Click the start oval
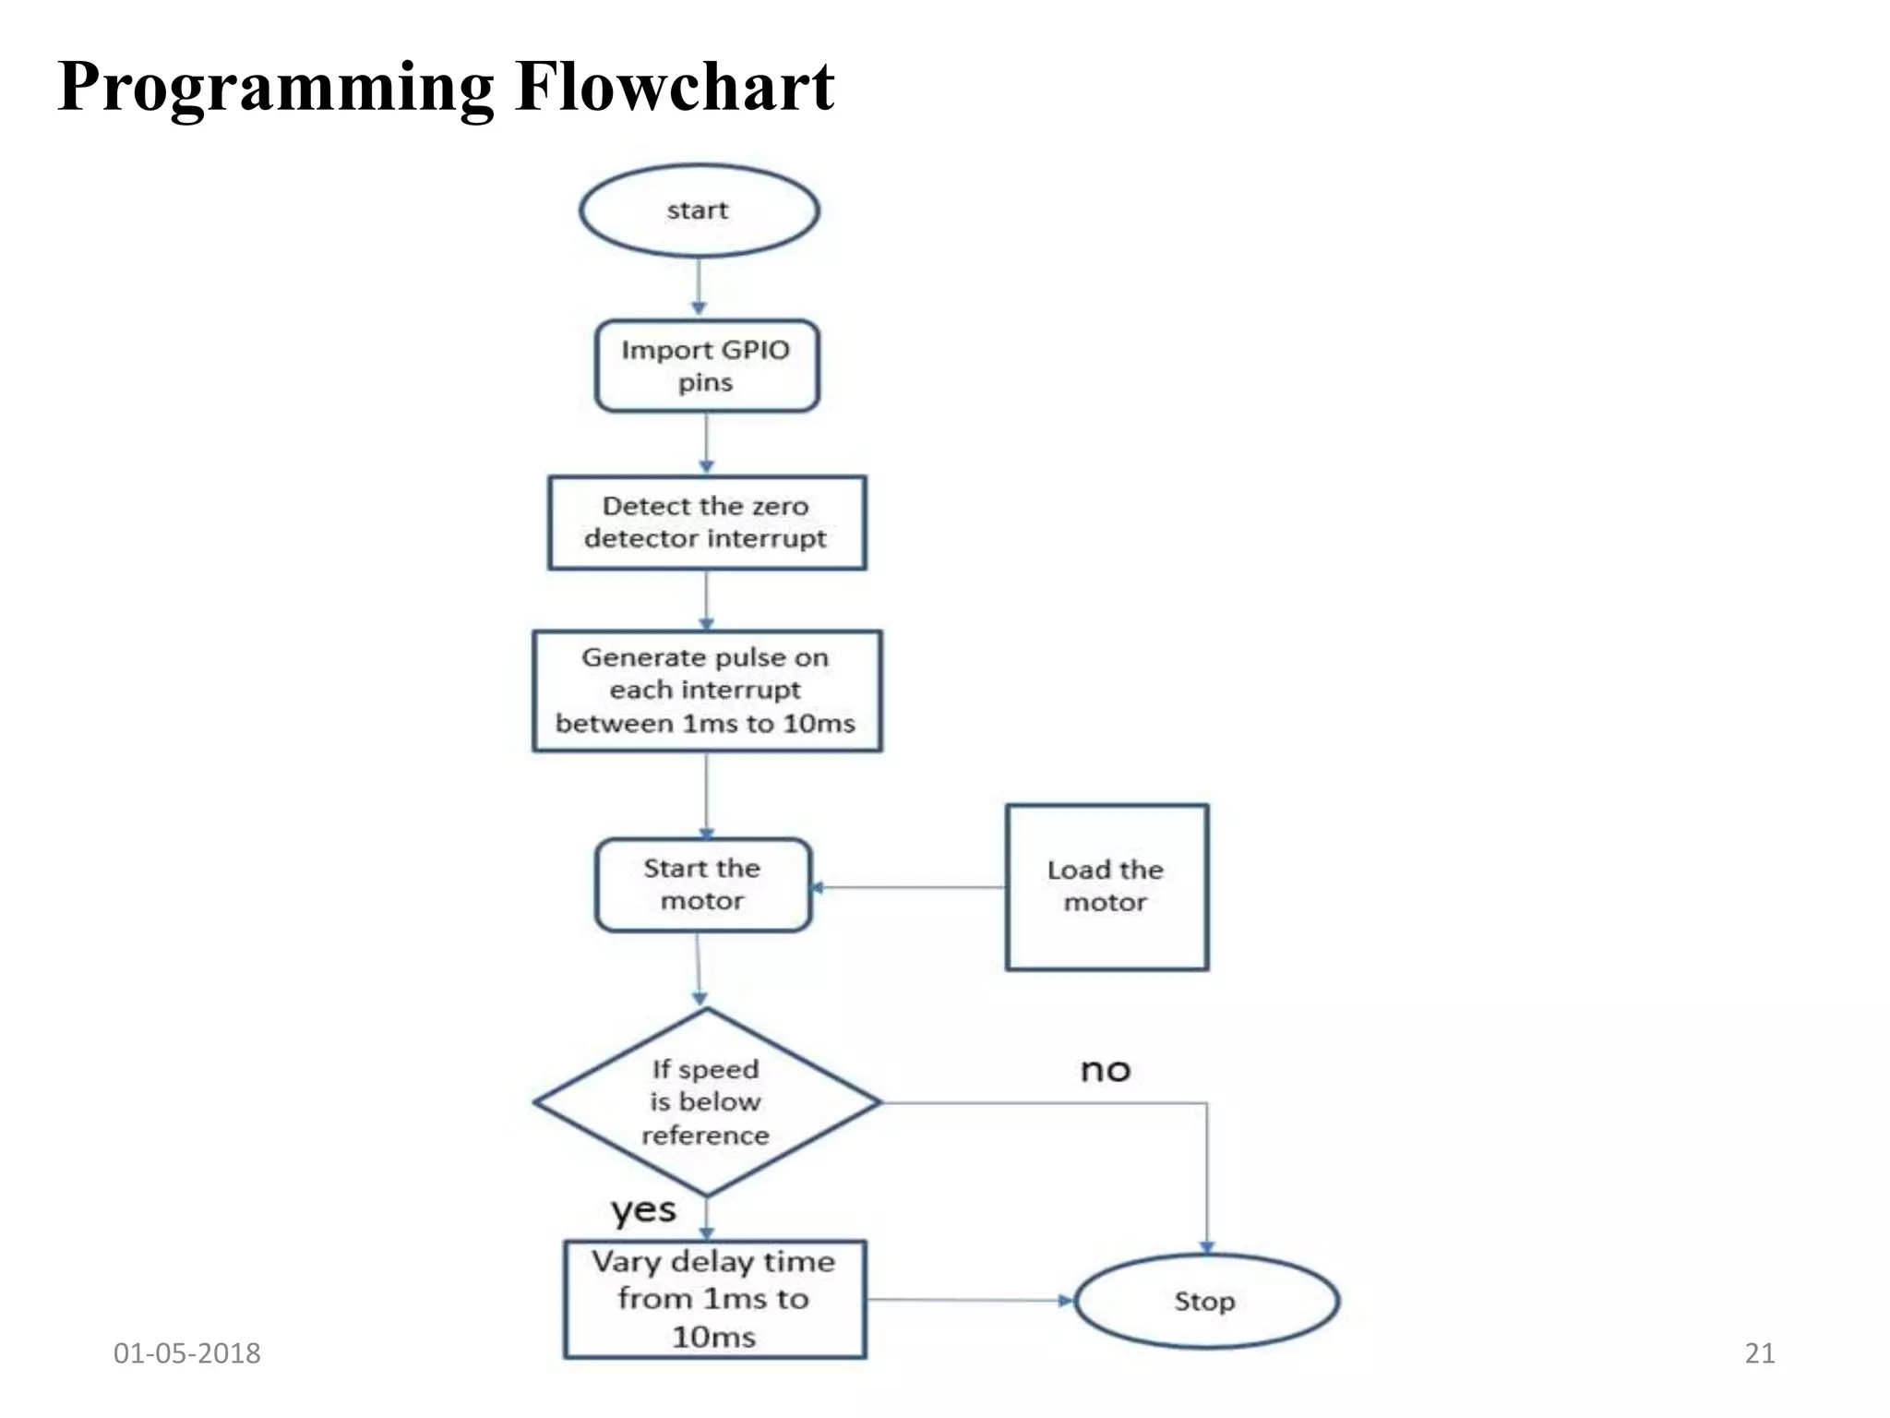coord(699,210)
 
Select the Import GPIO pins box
coord(706,366)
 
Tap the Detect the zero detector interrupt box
coord(706,523)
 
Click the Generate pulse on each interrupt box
coord(706,691)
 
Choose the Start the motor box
coord(702,884)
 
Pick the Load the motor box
coord(1106,886)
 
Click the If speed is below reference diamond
coord(706,1102)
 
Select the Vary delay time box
coord(714,1299)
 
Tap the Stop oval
coord(1205,1301)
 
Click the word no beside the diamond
coord(1105,1070)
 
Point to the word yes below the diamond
coord(643,1210)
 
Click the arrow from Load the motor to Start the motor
coord(908,887)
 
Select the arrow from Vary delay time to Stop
coord(969,1300)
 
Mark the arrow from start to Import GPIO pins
coord(699,286)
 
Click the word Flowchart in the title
coord(675,87)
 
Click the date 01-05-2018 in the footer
coord(186,1353)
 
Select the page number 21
coord(1759,1353)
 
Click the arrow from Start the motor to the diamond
coord(699,969)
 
